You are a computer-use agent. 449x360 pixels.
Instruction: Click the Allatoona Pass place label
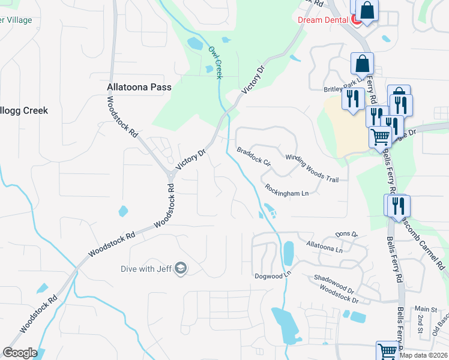click(x=139, y=87)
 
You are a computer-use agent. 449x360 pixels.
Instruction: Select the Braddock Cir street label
click(x=255, y=157)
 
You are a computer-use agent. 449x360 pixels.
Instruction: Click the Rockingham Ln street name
click(x=287, y=190)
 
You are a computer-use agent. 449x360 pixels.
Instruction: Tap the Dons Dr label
click(x=346, y=234)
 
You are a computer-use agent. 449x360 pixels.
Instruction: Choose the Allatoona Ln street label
click(x=324, y=247)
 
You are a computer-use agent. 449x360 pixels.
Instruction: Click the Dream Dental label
click(x=323, y=19)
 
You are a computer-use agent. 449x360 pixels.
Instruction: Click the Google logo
click(x=20, y=353)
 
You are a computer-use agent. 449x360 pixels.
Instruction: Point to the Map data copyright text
click(x=423, y=355)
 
